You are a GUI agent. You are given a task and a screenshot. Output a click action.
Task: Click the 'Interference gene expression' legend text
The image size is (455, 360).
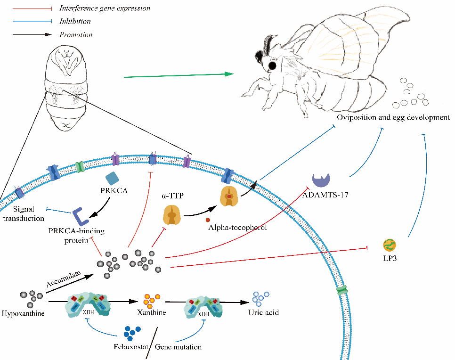coord(105,8)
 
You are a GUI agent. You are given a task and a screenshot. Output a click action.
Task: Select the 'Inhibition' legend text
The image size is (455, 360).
coord(75,21)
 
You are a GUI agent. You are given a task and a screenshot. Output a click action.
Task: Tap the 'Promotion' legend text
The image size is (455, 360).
coord(76,34)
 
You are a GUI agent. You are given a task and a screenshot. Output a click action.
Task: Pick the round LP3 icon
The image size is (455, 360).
coord(390,245)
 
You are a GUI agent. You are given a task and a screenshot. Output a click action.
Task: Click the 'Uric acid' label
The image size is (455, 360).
coord(264,312)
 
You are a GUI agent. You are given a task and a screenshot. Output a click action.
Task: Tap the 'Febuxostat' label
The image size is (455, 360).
coord(129,347)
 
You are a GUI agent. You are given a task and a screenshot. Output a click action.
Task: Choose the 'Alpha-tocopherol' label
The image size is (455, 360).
coord(237,228)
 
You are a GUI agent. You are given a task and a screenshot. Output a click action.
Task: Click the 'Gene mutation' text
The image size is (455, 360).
coord(179,347)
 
